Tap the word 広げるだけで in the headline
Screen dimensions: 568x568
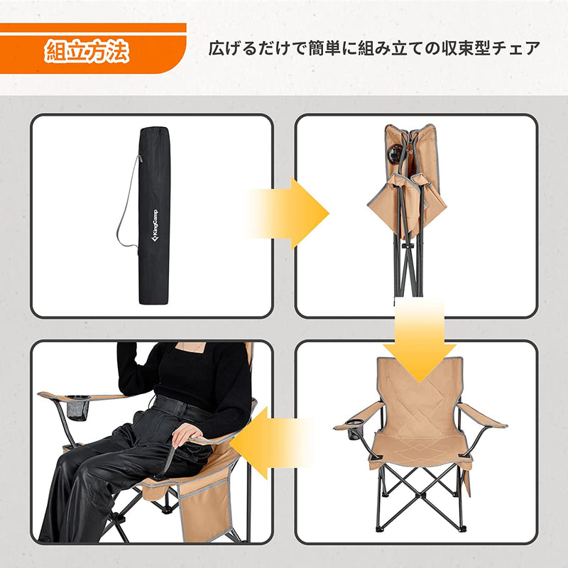click(245, 50)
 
